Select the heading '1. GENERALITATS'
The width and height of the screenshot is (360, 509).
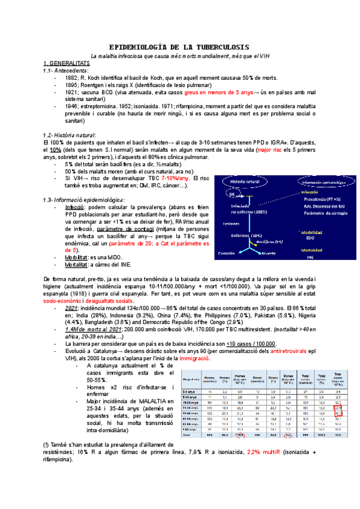66,63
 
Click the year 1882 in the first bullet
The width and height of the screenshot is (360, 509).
72,77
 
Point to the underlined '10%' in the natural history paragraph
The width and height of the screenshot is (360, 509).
56,149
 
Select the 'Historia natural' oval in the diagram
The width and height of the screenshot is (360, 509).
245,181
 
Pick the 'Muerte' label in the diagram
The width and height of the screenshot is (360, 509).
267,253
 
